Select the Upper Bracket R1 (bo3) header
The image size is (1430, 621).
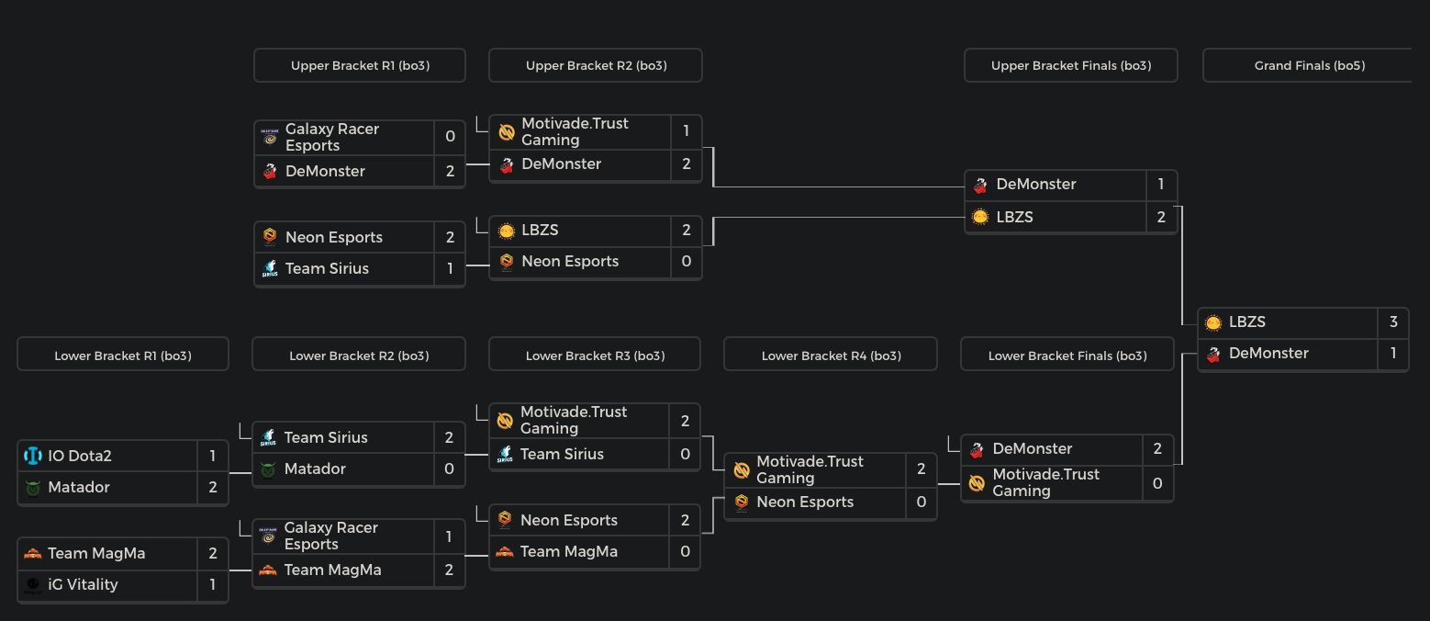[x=360, y=65]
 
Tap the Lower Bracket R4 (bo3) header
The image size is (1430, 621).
[x=831, y=356]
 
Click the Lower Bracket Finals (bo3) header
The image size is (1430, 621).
[x=1067, y=356]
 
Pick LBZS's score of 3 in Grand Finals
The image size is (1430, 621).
[x=1393, y=322]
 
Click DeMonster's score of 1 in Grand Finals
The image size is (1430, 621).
[x=1393, y=353]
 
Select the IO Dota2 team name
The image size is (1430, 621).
[x=80, y=456]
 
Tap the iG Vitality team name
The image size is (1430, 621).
[x=83, y=584]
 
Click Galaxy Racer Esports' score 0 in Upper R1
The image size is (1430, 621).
[x=450, y=137]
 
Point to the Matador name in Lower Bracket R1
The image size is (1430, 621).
[x=79, y=487]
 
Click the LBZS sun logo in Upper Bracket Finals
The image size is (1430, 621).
[x=980, y=217]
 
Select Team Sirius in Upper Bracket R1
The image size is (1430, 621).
[x=327, y=268]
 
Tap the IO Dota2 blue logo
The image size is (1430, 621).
[x=33, y=456]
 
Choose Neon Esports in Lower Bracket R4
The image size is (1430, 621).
[x=805, y=502]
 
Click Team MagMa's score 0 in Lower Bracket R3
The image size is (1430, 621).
[x=685, y=551]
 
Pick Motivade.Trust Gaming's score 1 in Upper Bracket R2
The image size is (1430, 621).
[x=687, y=131]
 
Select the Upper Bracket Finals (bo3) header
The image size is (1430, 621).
[x=1071, y=65]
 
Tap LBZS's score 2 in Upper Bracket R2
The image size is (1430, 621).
[x=687, y=230]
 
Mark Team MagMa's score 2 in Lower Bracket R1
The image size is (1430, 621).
[x=213, y=553]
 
